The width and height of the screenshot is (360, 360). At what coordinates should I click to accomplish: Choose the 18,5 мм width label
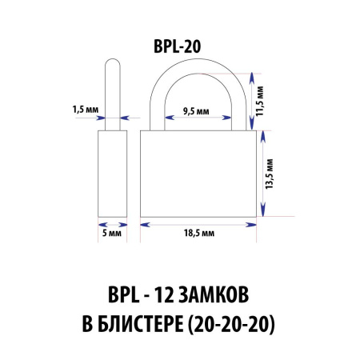(x=198, y=233)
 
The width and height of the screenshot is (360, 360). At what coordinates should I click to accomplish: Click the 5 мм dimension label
(x=113, y=233)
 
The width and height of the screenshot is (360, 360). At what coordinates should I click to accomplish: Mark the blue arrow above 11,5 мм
(x=254, y=78)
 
